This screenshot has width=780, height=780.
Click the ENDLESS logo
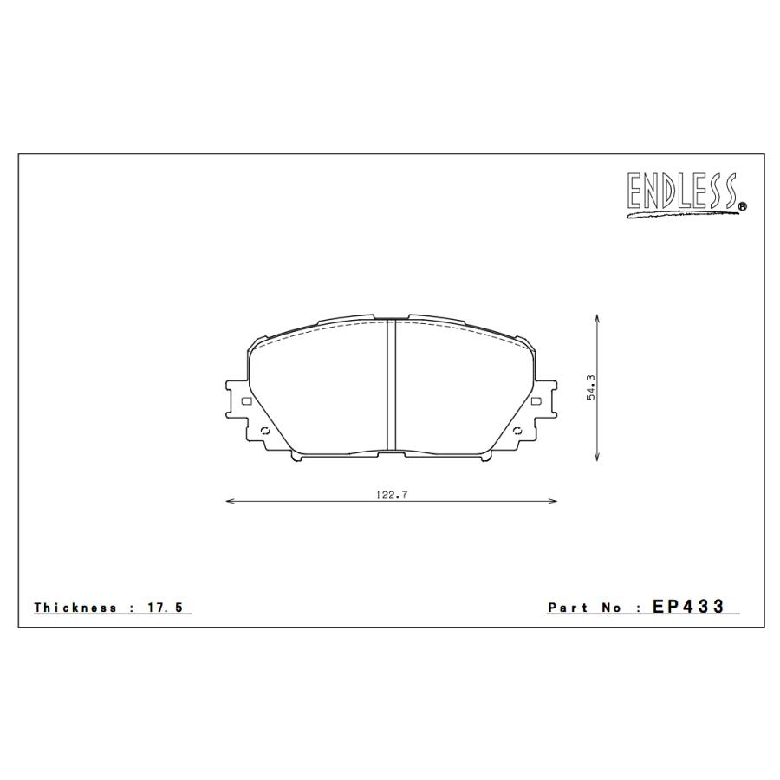[682, 194]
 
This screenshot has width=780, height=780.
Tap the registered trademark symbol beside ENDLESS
[743, 206]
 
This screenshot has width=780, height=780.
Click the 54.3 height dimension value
[590, 387]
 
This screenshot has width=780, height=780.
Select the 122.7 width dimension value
[387, 495]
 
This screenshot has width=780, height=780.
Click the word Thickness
[75, 608]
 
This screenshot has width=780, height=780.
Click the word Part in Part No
[568, 608]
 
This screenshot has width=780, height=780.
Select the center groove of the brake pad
[390, 386]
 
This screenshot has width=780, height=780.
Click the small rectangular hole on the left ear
[245, 401]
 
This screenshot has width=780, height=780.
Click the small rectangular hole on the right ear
[535, 401]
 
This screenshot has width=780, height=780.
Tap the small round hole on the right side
[517, 432]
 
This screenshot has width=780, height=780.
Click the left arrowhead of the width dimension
[229, 501]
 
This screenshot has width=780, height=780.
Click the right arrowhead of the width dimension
[552, 501]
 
